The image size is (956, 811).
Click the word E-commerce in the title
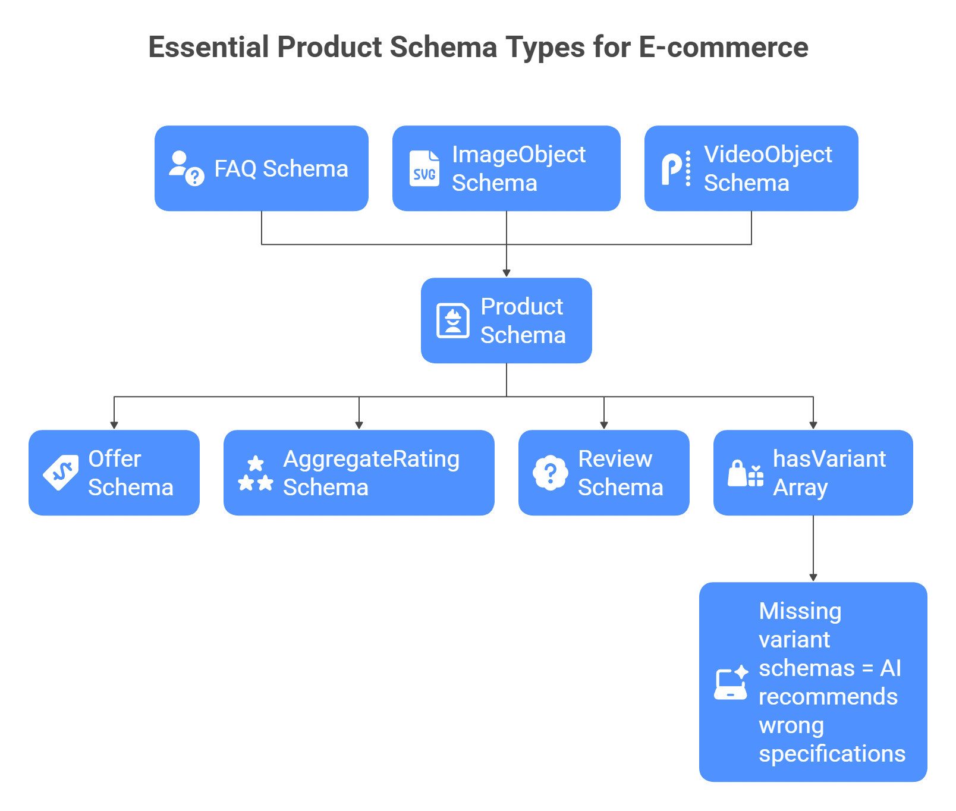pyautogui.click(x=723, y=48)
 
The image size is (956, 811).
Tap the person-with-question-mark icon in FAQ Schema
pyautogui.click(x=186, y=169)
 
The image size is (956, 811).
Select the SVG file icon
pyautogui.click(x=424, y=169)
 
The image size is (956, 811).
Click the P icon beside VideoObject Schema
pyautogui.click(x=676, y=169)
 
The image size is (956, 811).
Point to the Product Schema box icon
pyautogui.click(x=453, y=321)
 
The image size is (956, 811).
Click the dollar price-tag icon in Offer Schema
pyautogui.click(x=61, y=473)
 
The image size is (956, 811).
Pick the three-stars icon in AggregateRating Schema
pyautogui.click(x=256, y=473)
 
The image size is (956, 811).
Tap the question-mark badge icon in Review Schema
pyautogui.click(x=551, y=473)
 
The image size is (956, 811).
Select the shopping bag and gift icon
pyautogui.click(x=746, y=474)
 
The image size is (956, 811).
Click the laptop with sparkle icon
pyautogui.click(x=731, y=683)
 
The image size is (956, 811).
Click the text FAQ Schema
pyautogui.click(x=281, y=169)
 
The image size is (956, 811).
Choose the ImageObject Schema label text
pyautogui.click(x=518, y=169)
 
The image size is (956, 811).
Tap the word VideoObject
pyautogui.click(x=768, y=155)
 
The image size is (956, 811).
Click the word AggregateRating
pyautogui.click(x=371, y=459)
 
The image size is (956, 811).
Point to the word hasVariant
pyautogui.click(x=829, y=459)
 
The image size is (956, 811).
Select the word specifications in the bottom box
pyautogui.click(x=832, y=754)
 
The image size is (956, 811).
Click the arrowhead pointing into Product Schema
pyautogui.click(x=507, y=273)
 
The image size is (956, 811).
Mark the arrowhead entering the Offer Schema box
pyautogui.click(x=114, y=425)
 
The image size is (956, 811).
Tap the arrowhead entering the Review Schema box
pyautogui.click(x=604, y=425)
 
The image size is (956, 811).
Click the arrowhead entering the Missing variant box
pyautogui.click(x=813, y=577)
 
